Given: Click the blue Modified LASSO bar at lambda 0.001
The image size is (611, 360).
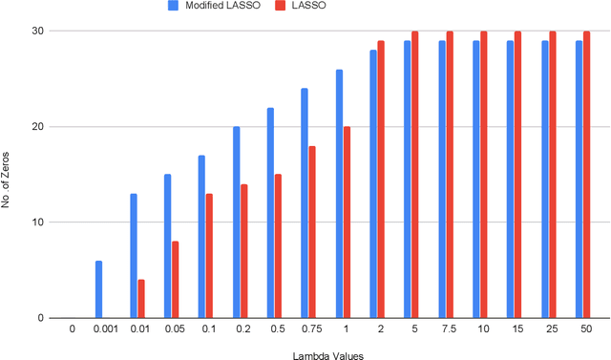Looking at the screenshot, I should click(x=98, y=289).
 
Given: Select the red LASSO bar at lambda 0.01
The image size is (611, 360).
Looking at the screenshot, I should click(x=141, y=299).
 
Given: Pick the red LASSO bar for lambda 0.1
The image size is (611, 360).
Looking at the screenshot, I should click(x=209, y=256).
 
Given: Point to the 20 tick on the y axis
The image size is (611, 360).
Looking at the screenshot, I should click(x=42, y=127).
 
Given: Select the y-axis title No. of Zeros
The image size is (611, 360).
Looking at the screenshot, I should click(x=9, y=175).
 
